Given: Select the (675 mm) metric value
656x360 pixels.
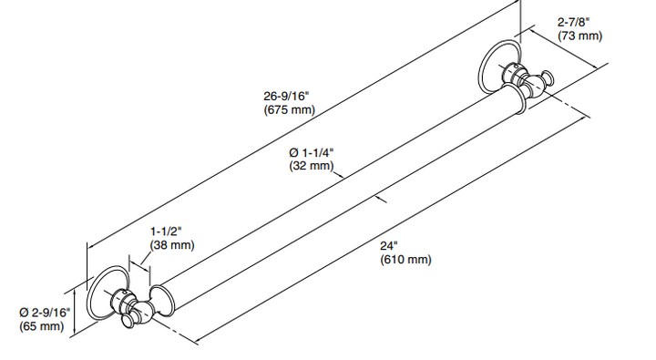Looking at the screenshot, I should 288,110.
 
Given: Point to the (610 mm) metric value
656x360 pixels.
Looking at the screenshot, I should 405,260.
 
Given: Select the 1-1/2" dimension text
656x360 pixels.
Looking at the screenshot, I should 168,231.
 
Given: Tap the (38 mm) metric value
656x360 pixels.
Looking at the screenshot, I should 172,244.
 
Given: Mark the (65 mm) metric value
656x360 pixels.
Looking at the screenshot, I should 41,326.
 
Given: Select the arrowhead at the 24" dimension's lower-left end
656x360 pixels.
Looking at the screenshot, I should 199,341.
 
